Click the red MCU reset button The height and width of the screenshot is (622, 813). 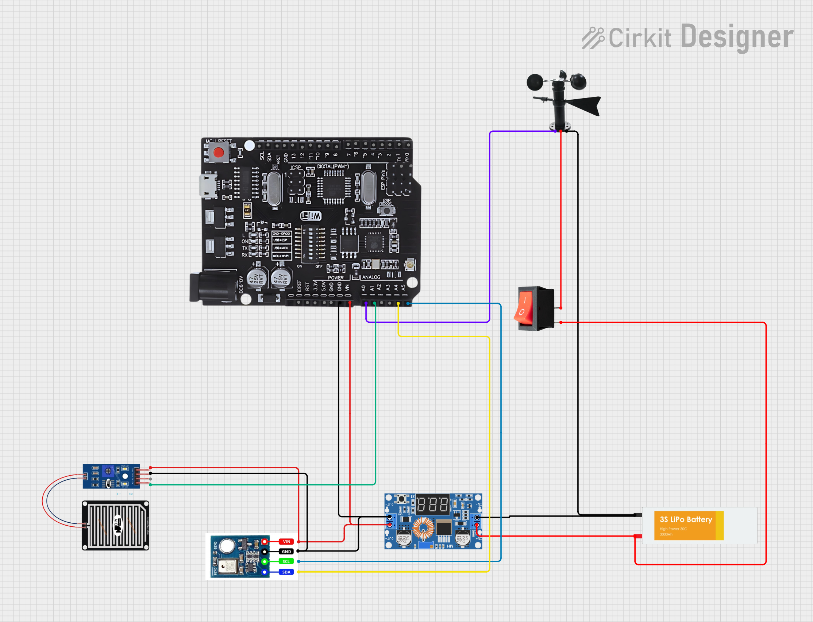coord(218,153)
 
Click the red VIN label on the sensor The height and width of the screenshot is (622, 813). coord(286,542)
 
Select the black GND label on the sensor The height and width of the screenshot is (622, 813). coord(286,552)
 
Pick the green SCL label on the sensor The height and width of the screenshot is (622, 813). coord(286,562)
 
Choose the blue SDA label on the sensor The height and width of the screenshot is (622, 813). coord(286,572)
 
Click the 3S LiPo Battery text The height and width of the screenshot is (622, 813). coord(686,519)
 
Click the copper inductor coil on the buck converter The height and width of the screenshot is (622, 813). coord(423,527)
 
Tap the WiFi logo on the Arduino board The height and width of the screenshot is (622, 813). coord(311,216)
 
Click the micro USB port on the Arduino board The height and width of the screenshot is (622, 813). coord(208,185)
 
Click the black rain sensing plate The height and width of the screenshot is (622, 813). coord(115,526)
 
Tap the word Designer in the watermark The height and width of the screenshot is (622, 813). coord(736,37)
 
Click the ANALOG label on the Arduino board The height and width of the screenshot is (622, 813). coord(371,277)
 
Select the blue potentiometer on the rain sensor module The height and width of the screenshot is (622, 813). coord(108,471)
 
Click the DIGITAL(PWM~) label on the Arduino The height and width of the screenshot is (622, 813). coord(333,166)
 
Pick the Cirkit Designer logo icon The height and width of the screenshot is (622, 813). coord(593,38)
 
